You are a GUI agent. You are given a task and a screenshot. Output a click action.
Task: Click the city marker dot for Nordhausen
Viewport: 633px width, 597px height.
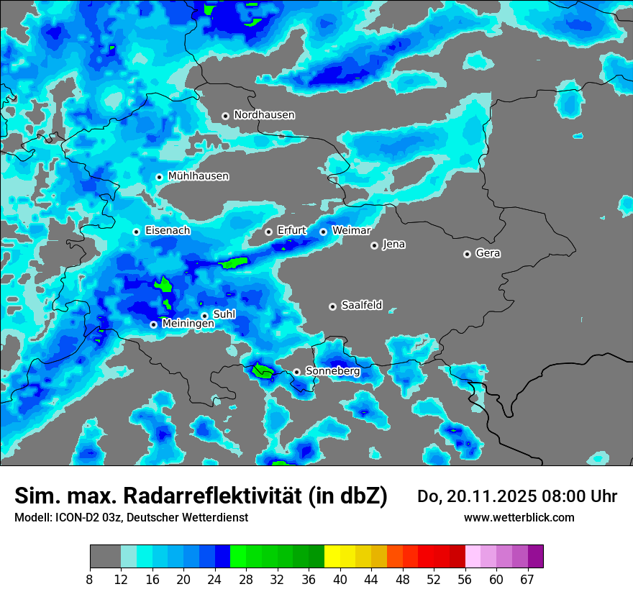[x=225, y=116]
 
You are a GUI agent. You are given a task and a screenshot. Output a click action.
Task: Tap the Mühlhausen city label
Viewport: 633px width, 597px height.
[x=198, y=176]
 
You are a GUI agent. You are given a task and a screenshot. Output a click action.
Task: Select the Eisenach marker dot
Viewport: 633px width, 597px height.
[x=136, y=232]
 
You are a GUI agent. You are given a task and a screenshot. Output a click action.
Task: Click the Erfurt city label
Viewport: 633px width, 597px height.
[x=291, y=231]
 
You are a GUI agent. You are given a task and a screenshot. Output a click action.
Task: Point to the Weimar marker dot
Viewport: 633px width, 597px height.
[x=323, y=232]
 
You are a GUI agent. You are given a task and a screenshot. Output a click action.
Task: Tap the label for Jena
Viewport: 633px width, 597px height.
[x=393, y=245]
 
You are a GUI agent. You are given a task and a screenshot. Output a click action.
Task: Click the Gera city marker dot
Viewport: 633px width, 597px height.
[x=467, y=254]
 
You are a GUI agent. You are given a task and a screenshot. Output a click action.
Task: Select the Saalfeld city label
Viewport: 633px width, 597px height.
[x=361, y=306]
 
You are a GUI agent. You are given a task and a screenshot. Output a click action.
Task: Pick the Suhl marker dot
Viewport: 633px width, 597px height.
[x=204, y=316]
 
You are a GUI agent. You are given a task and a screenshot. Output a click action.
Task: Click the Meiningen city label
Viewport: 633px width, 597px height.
[x=188, y=324]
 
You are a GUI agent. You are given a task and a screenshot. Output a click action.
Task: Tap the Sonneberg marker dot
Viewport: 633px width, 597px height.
[x=296, y=372]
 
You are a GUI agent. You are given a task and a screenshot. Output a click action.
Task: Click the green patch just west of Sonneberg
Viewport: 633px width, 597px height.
[x=262, y=371]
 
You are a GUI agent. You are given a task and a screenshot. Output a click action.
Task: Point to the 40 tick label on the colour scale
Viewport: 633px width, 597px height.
[x=340, y=578]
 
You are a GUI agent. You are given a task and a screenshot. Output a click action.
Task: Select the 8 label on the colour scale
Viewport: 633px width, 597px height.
[x=90, y=578]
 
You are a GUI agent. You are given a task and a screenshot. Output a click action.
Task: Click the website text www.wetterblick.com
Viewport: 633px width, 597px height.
[x=519, y=517]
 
